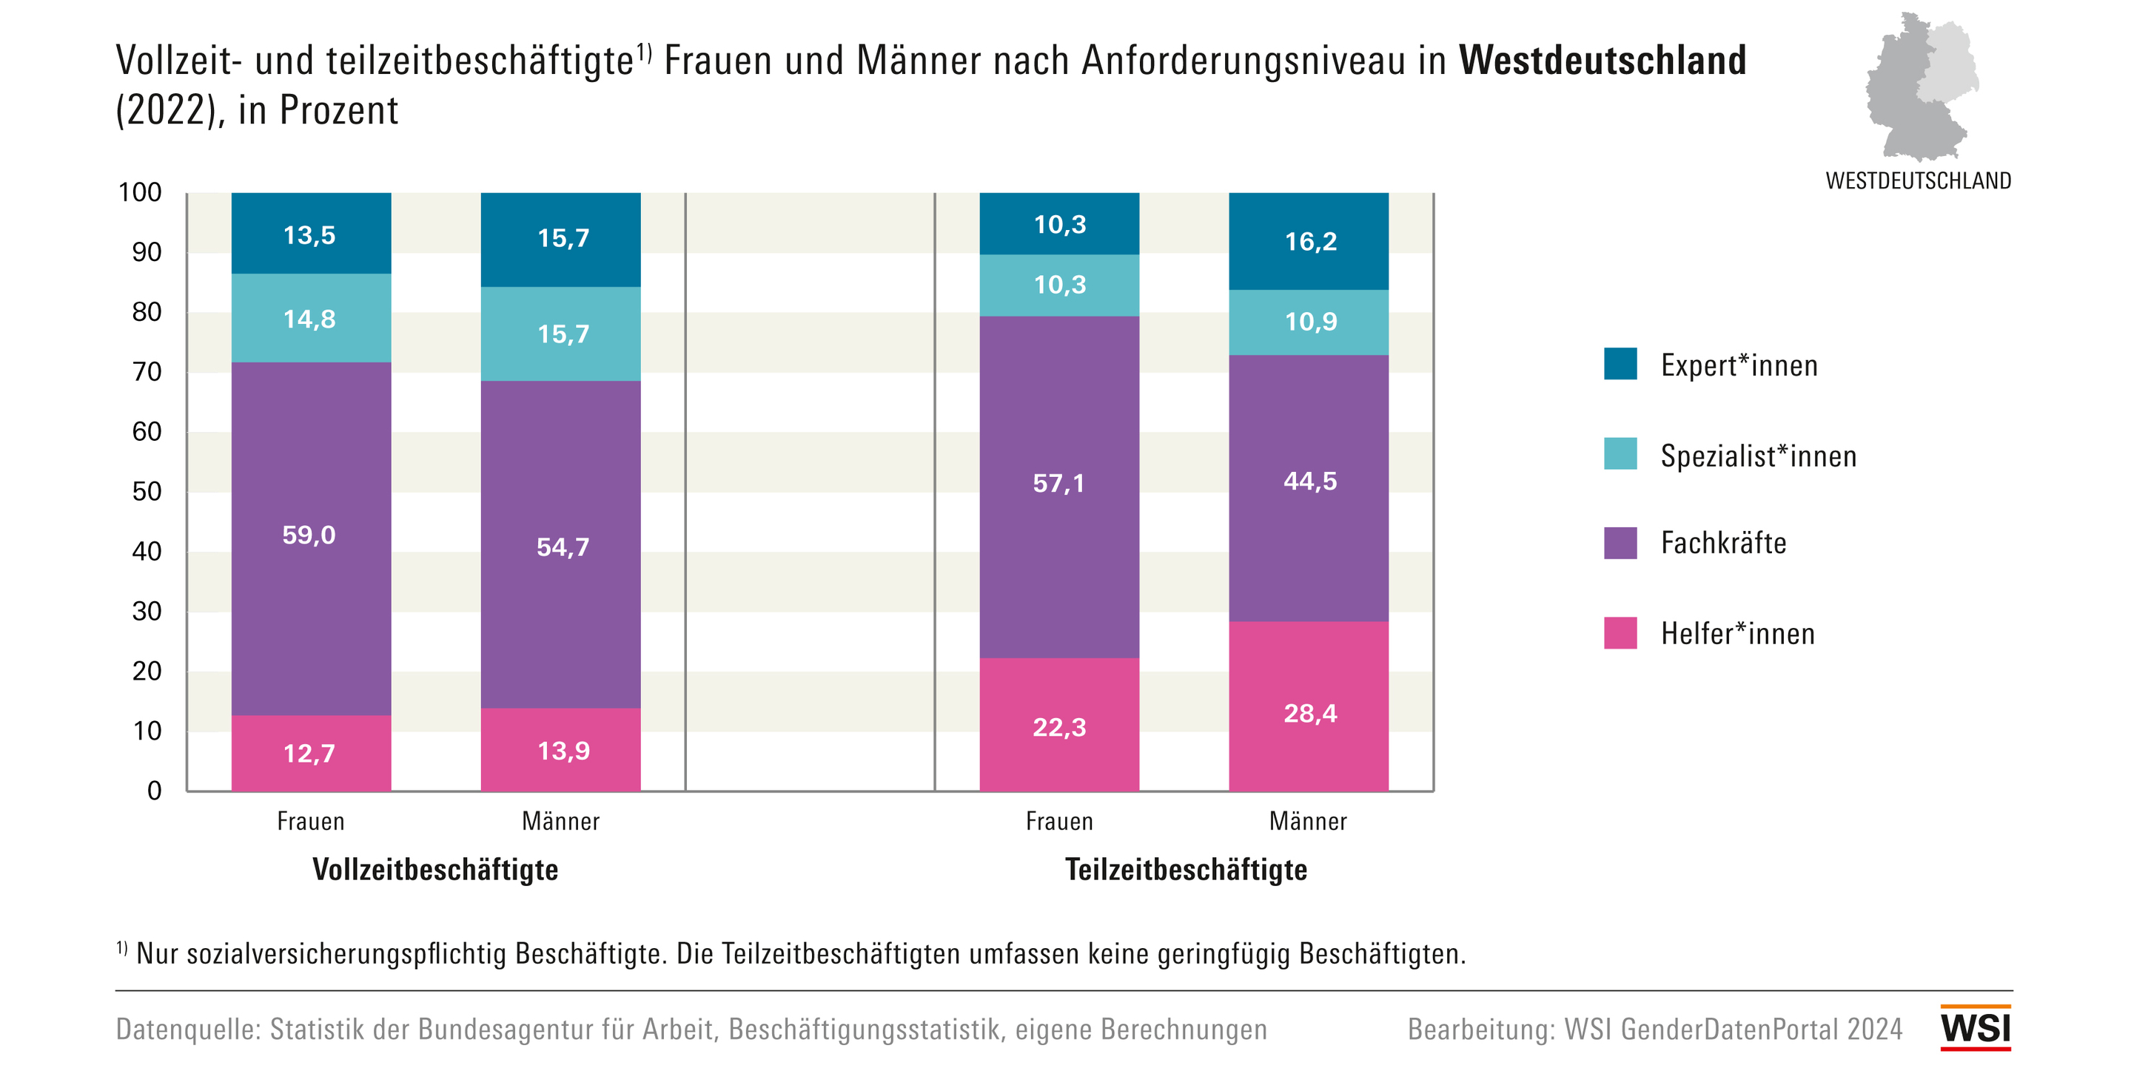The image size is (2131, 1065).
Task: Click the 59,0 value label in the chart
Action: (x=309, y=535)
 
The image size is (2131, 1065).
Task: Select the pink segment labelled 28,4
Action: (x=1309, y=706)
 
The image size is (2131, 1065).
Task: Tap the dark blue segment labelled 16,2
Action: (x=1309, y=240)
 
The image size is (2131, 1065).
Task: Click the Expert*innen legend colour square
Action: (x=1620, y=364)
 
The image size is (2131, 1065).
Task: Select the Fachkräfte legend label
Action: (x=1723, y=544)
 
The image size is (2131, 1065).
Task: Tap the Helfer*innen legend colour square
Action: (x=1620, y=633)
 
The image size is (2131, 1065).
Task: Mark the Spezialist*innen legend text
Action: (x=1758, y=456)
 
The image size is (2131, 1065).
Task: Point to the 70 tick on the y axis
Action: (x=147, y=372)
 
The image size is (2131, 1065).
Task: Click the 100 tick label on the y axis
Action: (x=140, y=192)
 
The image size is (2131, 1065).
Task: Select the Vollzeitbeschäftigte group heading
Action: (x=435, y=870)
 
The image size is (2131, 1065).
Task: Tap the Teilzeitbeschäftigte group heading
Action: (x=1186, y=870)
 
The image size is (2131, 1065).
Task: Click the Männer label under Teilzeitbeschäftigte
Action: (x=1308, y=821)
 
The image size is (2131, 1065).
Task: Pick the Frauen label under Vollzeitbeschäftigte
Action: (x=310, y=821)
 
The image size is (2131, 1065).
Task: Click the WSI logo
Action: (x=1976, y=1028)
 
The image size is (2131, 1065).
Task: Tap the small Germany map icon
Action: (x=1921, y=87)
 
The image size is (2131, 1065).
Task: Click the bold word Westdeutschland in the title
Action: (x=1603, y=61)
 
